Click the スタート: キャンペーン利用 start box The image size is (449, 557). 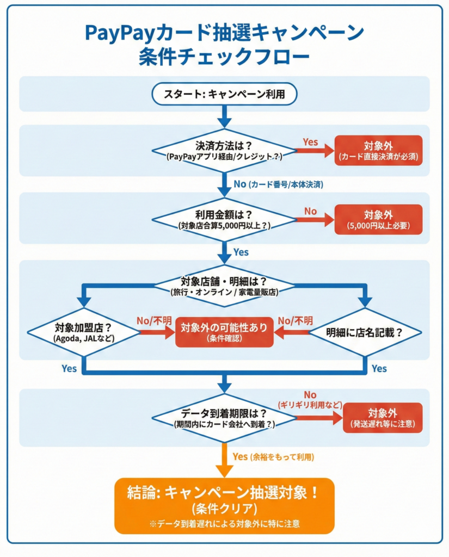[x=224, y=95]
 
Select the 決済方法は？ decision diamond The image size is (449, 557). [x=224, y=151]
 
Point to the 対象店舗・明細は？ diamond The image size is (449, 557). [x=224, y=286]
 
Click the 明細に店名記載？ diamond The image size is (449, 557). [x=365, y=332]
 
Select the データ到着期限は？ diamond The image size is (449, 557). [x=224, y=418]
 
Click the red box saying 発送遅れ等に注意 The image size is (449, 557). [x=383, y=418]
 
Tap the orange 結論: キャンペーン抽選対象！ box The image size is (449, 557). [x=224, y=505]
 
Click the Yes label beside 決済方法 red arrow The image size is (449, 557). [x=310, y=142]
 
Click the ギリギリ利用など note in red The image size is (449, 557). [x=310, y=405]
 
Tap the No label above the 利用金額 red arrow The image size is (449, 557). [x=310, y=211]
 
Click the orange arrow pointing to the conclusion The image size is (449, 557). [x=224, y=460]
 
